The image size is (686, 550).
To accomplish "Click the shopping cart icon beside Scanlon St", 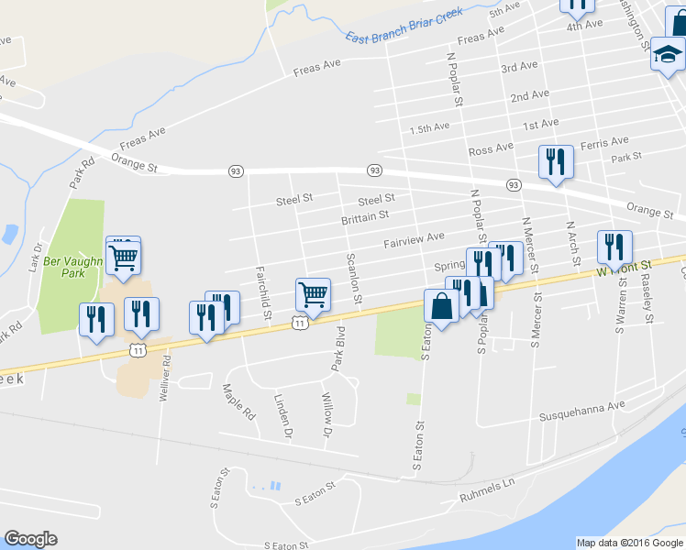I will tap(313, 294).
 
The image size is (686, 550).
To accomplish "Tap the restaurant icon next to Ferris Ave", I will tap(556, 162).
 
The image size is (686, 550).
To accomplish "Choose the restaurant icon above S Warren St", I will tap(614, 246).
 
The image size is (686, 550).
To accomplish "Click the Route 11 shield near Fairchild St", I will tap(300, 322).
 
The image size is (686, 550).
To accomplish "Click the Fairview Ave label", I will tap(414, 240).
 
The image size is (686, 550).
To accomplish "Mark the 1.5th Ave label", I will tap(430, 127).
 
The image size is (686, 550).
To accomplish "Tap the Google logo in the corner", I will tap(30, 539).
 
